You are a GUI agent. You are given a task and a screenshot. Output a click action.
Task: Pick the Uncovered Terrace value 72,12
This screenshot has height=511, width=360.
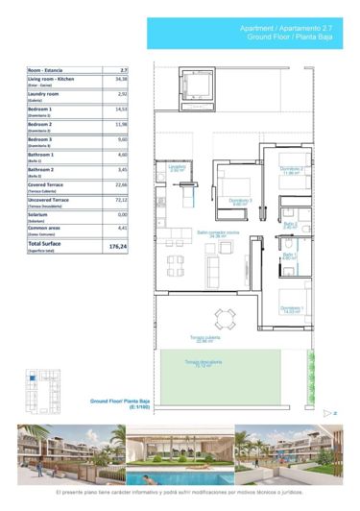(x=121, y=200)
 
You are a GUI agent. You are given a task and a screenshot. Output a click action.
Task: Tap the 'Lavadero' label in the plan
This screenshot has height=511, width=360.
(x=177, y=167)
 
